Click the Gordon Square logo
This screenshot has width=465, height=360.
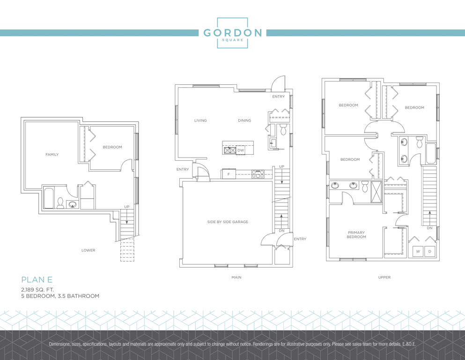coord(232,33)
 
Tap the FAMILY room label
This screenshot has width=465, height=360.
coord(52,154)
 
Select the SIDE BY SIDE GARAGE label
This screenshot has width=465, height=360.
coord(228,222)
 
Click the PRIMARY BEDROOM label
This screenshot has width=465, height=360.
coord(356,234)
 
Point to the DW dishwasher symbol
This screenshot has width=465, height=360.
coord(241,150)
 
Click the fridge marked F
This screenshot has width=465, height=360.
coord(229,174)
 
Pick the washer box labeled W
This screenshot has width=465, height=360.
coord(418,251)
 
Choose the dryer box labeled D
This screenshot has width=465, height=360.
coord(430,251)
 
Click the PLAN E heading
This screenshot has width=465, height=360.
coord(37,279)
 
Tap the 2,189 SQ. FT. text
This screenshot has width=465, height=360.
coord(37,289)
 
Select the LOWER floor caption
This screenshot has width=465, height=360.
coord(89,250)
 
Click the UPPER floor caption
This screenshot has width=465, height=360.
coord(384,277)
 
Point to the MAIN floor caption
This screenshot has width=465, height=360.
coord(236,277)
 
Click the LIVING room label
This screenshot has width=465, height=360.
coord(200,120)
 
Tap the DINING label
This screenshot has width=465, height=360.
coord(244,120)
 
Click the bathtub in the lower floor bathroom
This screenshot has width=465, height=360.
coord(49,197)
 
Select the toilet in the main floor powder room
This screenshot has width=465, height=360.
coord(283,129)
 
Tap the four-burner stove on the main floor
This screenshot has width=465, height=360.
coord(258,174)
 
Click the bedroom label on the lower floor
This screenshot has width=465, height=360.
coord(112,147)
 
